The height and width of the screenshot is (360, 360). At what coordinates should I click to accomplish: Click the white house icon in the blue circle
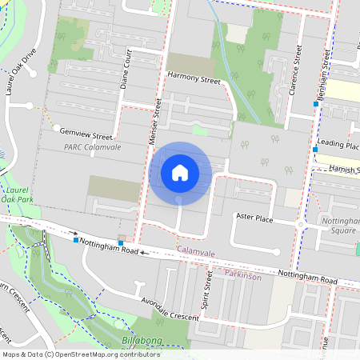pyautogui.click(x=180, y=172)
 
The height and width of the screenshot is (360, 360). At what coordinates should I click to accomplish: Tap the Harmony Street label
pyautogui.click(x=193, y=80)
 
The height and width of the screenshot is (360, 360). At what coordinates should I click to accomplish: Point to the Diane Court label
pyautogui.click(x=125, y=70)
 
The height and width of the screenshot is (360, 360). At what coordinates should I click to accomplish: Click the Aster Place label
pyautogui.click(x=254, y=217)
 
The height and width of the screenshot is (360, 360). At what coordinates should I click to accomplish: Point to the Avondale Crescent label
pyautogui.click(x=169, y=310)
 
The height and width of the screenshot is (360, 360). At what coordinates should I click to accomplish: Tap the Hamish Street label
pyautogui.click(x=339, y=170)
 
